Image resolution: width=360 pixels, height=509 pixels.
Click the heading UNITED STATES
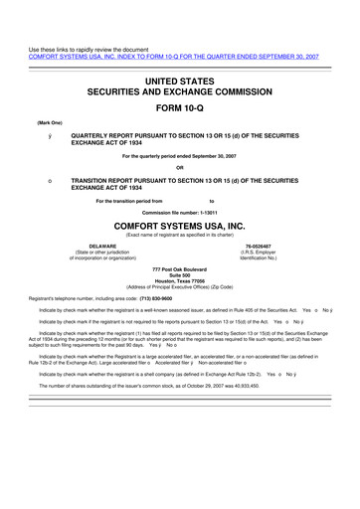click(180, 79)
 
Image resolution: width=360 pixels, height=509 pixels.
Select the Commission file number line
click(179, 213)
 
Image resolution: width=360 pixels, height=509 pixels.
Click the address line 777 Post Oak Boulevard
click(180, 270)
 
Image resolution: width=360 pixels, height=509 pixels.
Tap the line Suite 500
click(180, 277)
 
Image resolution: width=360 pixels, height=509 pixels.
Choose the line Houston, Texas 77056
click(180, 283)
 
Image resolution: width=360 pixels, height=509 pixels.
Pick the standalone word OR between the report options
click(180, 166)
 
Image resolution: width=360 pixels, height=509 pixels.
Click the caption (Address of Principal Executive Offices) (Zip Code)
click(180, 290)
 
